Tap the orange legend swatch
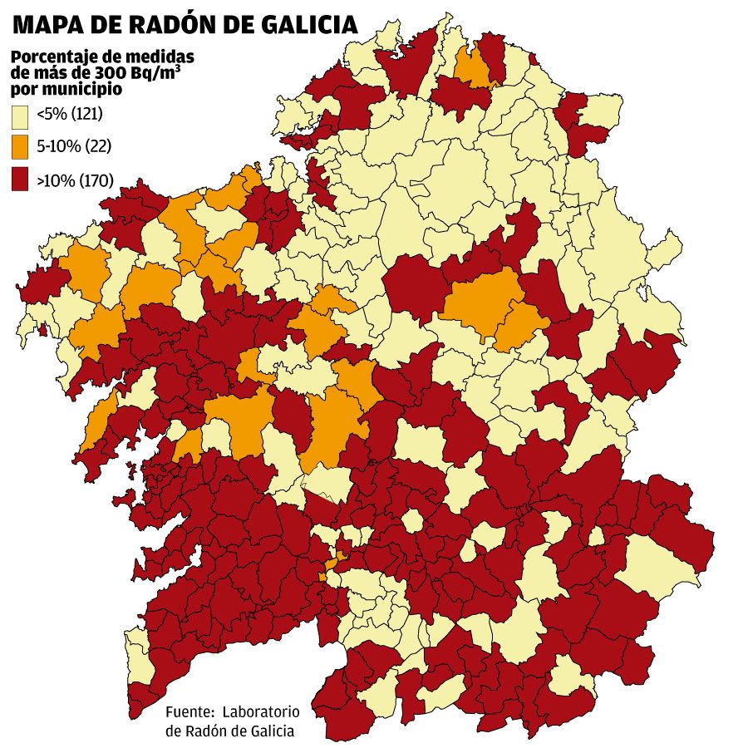coord(21,147)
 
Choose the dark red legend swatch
coord(21,180)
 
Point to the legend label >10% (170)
coord(75,180)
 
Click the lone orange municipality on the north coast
coord(471,67)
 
